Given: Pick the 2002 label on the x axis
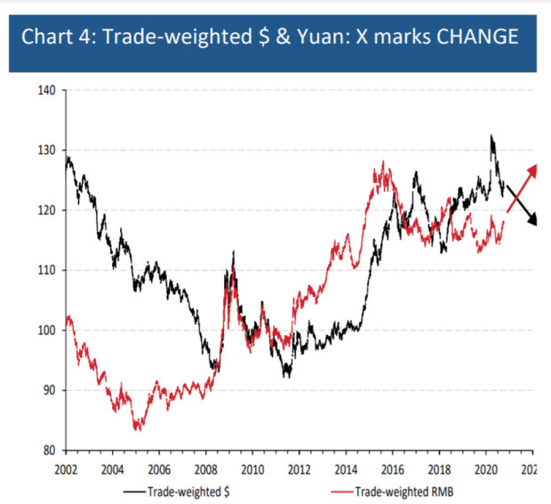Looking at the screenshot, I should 66,468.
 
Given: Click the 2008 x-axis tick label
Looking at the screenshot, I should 205,468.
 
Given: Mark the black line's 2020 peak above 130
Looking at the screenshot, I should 491,137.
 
